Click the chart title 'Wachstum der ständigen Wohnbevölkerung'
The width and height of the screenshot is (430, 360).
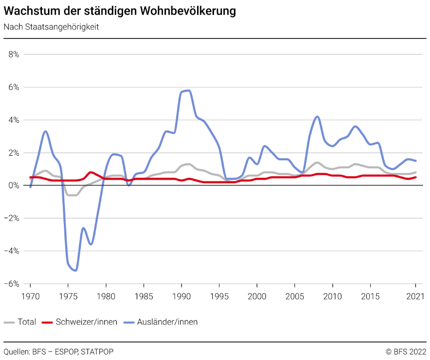pyautogui.click(x=120, y=10)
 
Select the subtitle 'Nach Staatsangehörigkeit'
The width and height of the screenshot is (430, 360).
pyautogui.click(x=51, y=27)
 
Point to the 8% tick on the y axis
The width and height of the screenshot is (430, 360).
pyautogui.click(x=13, y=54)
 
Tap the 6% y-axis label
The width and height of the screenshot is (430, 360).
pyautogui.click(x=13, y=87)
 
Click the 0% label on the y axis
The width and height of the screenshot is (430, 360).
pyautogui.click(x=13, y=185)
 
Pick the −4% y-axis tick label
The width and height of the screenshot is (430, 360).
pyautogui.click(x=11, y=251)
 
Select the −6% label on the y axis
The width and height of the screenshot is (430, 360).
pyautogui.click(x=11, y=284)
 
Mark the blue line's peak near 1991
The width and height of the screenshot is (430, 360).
pyautogui.click(x=188, y=90)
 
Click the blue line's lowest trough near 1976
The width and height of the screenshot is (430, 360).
pyautogui.click(x=75, y=270)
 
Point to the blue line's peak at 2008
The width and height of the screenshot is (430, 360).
pyautogui.click(x=317, y=116)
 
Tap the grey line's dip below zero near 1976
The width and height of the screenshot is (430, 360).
pyautogui.click(x=72, y=195)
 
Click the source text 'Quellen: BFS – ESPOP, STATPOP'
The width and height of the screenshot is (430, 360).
pyautogui.click(x=59, y=352)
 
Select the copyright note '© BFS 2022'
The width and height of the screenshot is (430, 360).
pyautogui.click(x=406, y=352)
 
